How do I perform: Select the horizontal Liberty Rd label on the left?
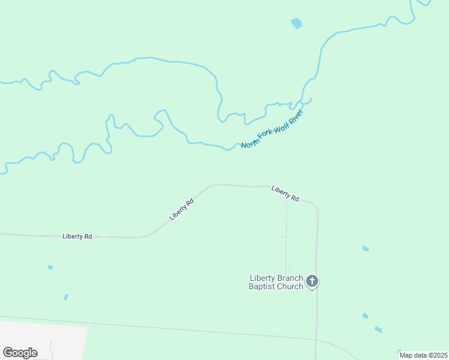(x=77, y=236)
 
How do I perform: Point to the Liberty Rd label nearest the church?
(x=285, y=193)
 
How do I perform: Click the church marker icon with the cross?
(x=312, y=281)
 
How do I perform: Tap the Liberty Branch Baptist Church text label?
(x=276, y=282)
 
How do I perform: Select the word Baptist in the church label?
(x=262, y=286)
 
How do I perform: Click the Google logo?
(x=20, y=353)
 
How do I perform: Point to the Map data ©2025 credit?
(x=424, y=355)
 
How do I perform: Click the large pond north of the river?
(x=296, y=24)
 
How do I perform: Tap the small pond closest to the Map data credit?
(x=399, y=352)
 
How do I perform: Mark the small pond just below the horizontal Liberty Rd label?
(x=50, y=267)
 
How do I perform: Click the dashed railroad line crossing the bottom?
(x=180, y=329)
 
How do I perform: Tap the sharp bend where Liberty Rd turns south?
(x=315, y=204)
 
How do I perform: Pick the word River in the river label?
(x=296, y=115)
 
